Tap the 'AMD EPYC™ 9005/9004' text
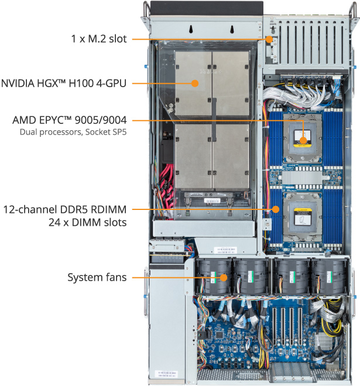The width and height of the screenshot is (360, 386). tap(69, 120)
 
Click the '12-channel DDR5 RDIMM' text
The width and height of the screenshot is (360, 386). tap(65, 209)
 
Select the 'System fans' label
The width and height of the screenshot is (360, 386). tap(97, 277)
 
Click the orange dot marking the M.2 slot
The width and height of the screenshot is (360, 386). tap(269, 40)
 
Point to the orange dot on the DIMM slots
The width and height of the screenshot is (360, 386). tap(274, 209)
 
